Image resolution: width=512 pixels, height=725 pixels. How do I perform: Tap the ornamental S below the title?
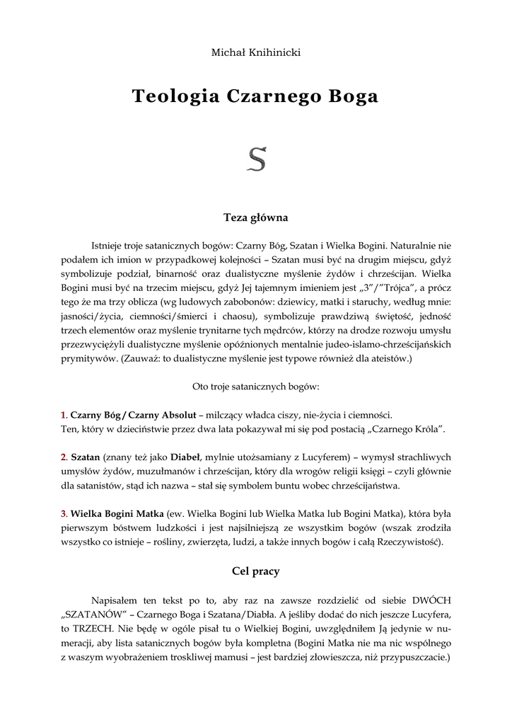256,161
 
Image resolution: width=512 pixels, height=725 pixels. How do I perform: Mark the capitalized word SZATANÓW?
88,612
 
